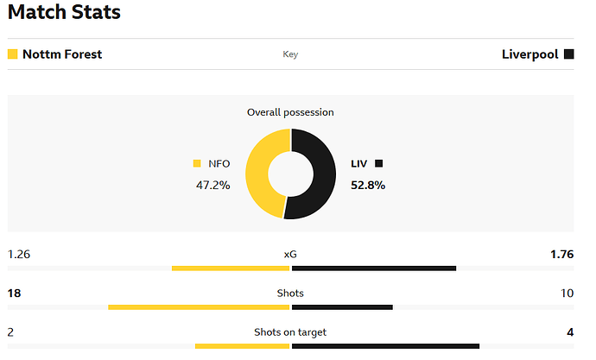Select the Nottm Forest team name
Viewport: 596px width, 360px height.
pyautogui.click(x=61, y=54)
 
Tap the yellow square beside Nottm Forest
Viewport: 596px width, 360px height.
pyautogui.click(x=12, y=54)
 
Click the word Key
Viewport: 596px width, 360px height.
pyautogui.click(x=290, y=54)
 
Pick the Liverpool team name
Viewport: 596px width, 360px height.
pyautogui.click(x=529, y=54)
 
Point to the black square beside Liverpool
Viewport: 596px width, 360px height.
pyautogui.click(x=568, y=54)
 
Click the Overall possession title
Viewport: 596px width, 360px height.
pyautogui.click(x=290, y=112)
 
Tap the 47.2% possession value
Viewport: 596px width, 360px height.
pyautogui.click(x=212, y=185)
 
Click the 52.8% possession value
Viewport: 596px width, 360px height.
pyautogui.click(x=368, y=185)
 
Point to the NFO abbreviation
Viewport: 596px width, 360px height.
pyautogui.click(x=219, y=163)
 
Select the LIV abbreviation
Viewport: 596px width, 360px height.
pyautogui.click(x=358, y=163)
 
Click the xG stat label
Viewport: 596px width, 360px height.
pyautogui.click(x=290, y=255)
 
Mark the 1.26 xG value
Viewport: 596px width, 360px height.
pyautogui.click(x=19, y=255)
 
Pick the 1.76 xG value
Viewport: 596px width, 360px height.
pyautogui.click(x=561, y=255)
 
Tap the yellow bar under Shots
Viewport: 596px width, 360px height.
pyautogui.click(x=199, y=307)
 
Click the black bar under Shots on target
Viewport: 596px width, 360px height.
pyautogui.click(x=385, y=346)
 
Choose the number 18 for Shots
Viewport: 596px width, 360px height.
pyautogui.click(x=14, y=294)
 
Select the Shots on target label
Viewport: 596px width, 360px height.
pyautogui.click(x=290, y=332)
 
